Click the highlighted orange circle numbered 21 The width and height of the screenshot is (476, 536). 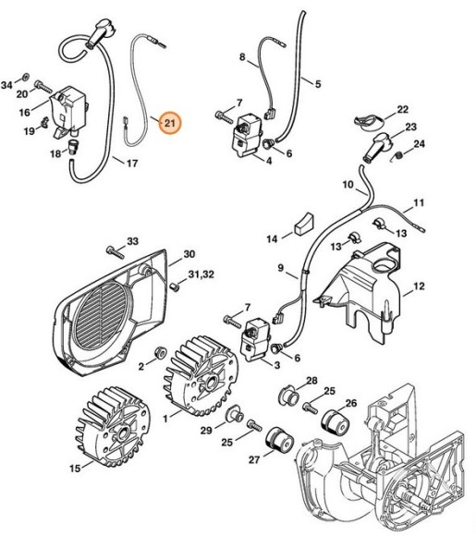pos(170,122)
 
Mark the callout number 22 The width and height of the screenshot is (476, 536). pos(402,111)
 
